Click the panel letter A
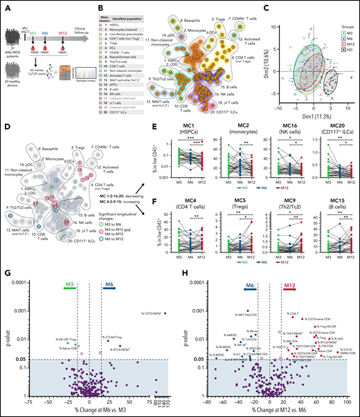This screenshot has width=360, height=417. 5,6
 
